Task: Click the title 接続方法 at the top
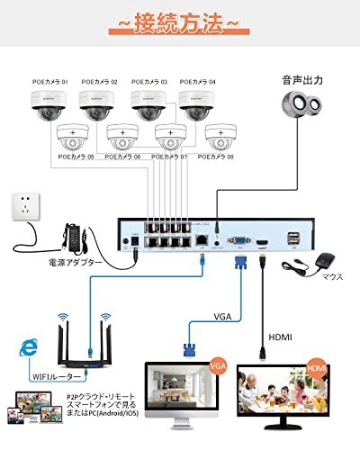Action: [180, 23]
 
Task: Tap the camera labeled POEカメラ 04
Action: [196, 104]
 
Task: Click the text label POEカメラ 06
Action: [122, 157]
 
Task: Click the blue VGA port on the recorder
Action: [239, 240]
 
